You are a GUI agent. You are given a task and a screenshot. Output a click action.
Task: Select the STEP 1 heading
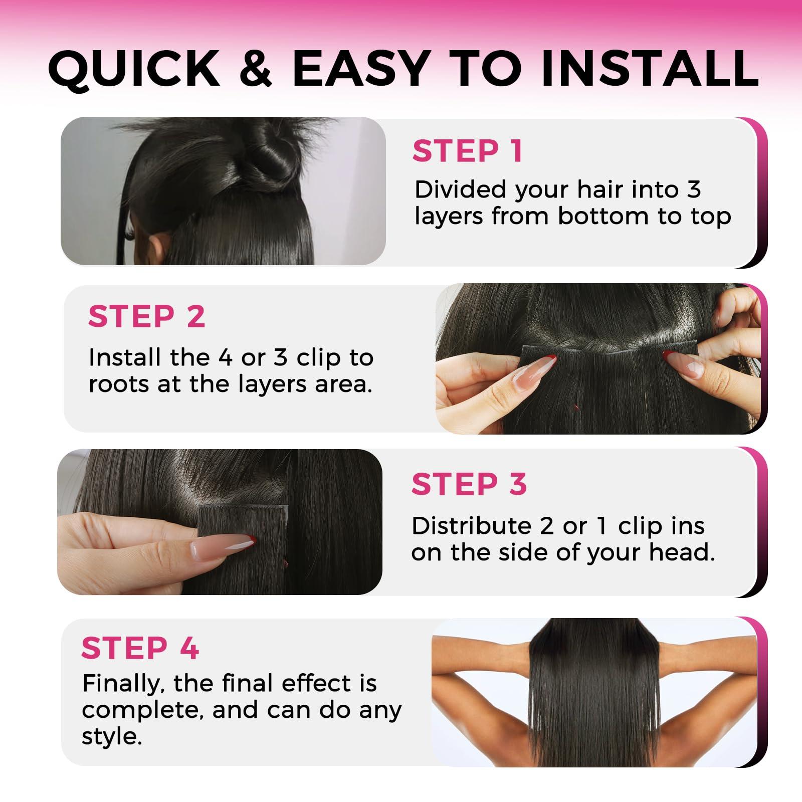click(x=468, y=151)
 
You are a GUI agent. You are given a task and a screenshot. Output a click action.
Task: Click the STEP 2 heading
click(x=146, y=316)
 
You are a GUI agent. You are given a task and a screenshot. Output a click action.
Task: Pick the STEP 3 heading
click(x=469, y=484)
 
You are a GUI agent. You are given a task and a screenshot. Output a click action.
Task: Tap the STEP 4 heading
click(x=140, y=648)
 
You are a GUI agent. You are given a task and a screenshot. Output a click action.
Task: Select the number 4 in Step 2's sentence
click(x=226, y=358)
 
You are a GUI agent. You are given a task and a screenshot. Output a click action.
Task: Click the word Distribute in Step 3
click(x=471, y=526)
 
